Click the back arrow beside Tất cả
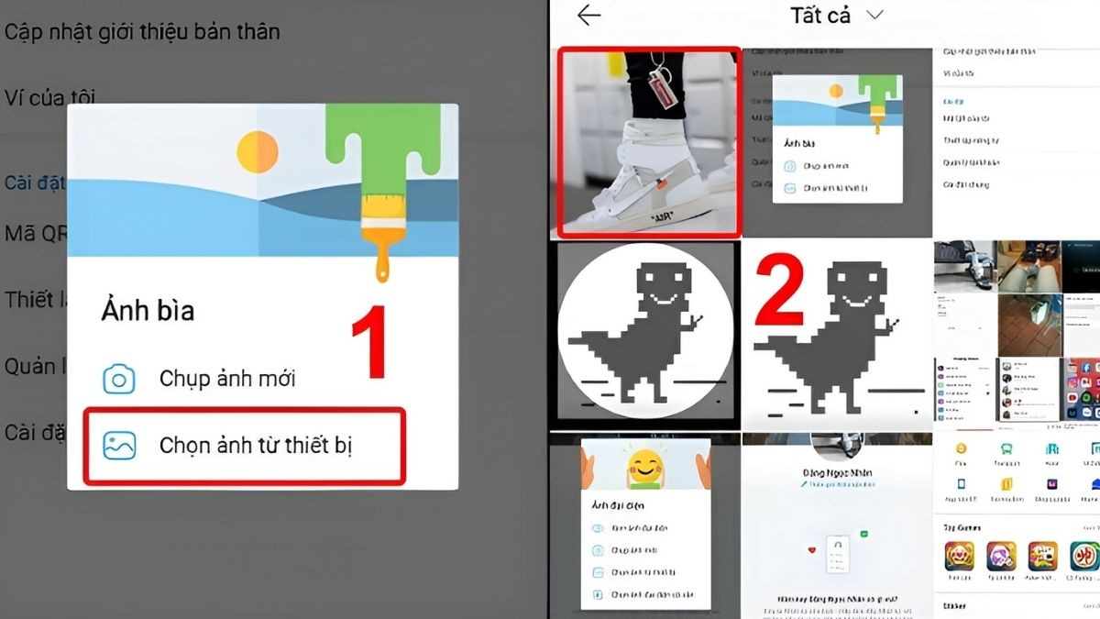pos(589,16)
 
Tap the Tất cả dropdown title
pos(820,16)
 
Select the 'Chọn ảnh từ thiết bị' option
pos(256,447)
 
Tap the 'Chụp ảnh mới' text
pos(227,378)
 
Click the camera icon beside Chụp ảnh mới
pos(119,379)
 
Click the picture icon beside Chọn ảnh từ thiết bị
pos(119,447)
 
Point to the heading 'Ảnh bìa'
pos(148,311)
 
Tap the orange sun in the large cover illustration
pos(258,151)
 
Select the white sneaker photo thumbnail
pos(647,142)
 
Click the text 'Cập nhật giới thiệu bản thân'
pos(142,31)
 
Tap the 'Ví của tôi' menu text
pos(50,97)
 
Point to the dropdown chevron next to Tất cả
pos(874,16)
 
